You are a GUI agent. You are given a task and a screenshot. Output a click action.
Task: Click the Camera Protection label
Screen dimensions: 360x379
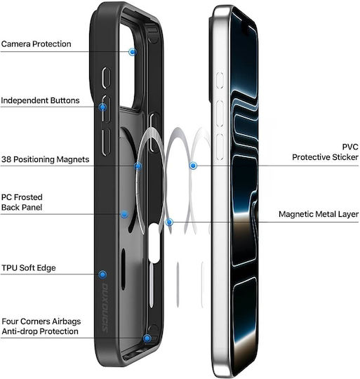click(36, 44)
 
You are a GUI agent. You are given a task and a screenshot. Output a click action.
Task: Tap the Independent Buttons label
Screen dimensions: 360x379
click(40, 100)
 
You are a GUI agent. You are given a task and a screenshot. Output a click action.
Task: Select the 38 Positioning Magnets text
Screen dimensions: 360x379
click(45, 159)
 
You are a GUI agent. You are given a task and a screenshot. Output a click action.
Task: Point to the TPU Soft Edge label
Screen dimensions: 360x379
click(29, 268)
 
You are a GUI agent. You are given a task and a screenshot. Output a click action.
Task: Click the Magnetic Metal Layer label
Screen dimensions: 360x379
click(319, 214)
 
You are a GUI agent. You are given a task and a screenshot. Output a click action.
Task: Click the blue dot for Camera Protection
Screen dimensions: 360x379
click(133, 52)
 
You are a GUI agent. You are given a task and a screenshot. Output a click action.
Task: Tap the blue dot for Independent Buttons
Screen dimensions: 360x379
click(102, 107)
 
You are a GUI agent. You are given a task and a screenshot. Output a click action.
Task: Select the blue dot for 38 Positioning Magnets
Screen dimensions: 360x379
click(138, 166)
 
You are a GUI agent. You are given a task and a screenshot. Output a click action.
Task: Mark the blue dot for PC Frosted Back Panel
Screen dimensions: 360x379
click(124, 214)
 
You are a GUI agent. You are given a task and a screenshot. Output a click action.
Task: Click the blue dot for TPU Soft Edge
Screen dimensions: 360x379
click(102, 274)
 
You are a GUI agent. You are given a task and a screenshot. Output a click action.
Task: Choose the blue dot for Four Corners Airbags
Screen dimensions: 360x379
click(147, 338)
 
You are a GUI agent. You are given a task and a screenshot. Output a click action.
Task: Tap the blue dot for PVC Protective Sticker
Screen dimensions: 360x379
click(193, 166)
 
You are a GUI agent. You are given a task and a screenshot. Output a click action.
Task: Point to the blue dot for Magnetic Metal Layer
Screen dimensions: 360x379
click(169, 222)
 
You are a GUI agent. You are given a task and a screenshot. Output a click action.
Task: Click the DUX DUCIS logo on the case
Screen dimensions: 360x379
click(105, 307)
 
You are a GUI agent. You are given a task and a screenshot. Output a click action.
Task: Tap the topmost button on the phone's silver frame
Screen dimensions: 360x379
click(220, 80)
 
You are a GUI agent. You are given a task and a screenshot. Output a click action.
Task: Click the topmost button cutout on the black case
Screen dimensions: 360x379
click(106, 78)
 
